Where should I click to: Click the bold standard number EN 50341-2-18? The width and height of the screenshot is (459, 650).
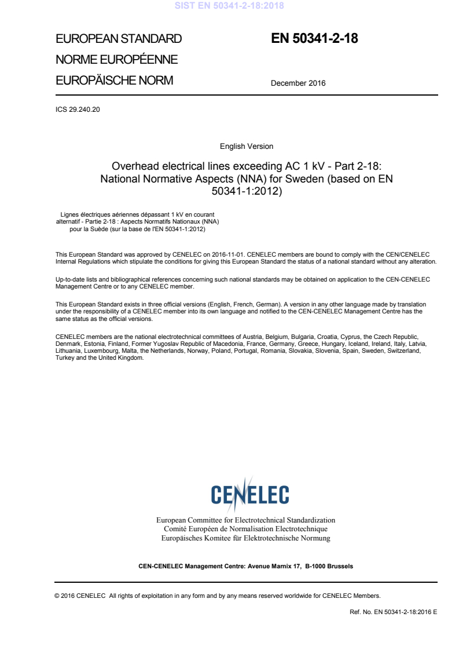click(x=314, y=39)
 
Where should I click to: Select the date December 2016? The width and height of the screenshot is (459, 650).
click(x=298, y=83)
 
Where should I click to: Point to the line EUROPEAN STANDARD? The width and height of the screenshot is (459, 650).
click(x=119, y=39)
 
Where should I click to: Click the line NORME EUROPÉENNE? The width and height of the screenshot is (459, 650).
click(x=116, y=60)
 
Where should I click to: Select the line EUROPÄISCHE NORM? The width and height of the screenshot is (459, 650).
click(x=114, y=81)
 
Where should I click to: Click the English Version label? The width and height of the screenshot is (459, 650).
click(x=247, y=147)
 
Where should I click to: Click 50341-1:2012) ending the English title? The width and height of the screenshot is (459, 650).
click(x=247, y=190)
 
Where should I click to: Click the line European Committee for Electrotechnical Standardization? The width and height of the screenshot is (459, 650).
click(x=246, y=520)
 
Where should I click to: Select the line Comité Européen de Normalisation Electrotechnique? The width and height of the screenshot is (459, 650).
click(x=246, y=529)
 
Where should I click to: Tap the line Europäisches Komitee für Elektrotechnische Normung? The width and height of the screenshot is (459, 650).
click(x=246, y=538)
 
